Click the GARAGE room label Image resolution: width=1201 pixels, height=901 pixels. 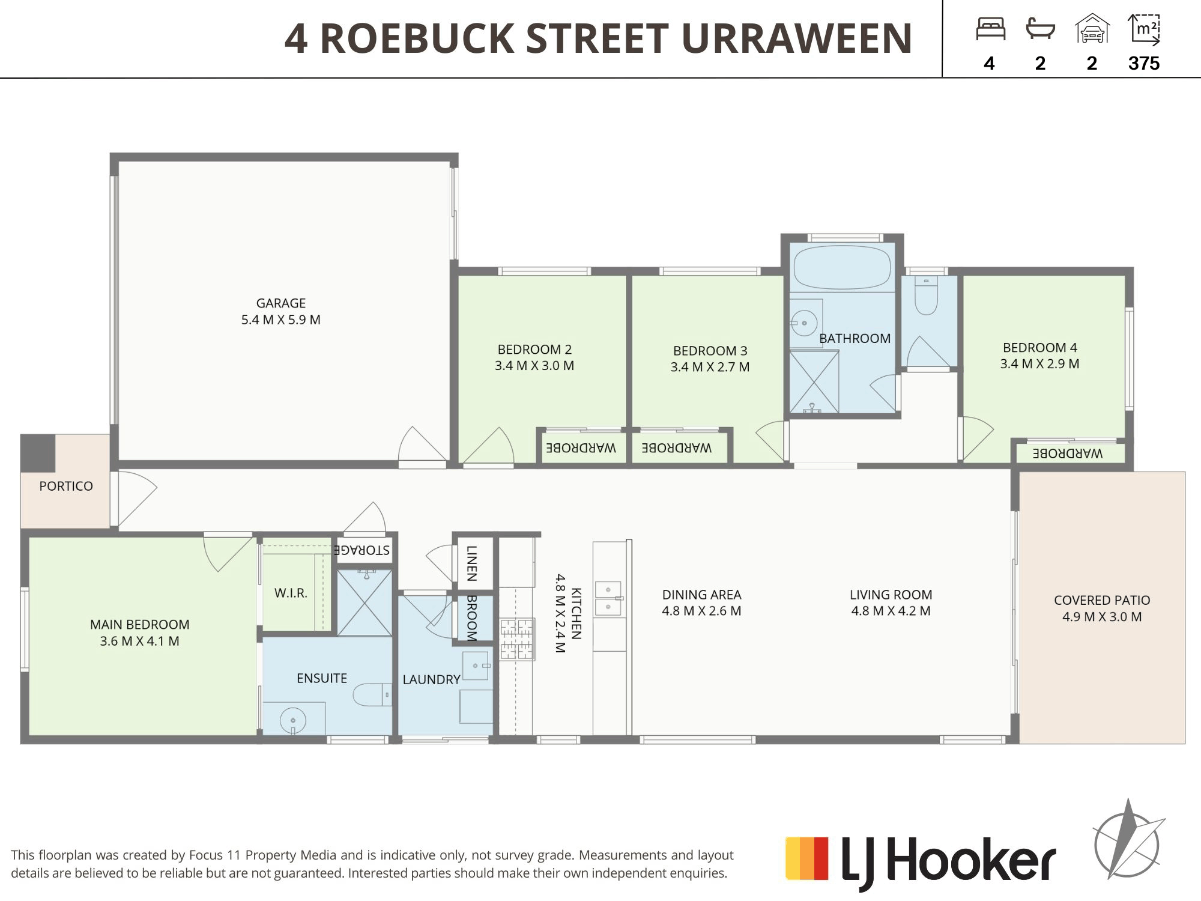tap(281, 303)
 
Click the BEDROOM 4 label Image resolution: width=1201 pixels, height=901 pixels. tap(1040, 347)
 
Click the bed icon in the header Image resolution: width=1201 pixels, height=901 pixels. tap(991, 29)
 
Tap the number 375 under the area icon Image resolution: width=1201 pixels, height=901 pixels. tap(1144, 63)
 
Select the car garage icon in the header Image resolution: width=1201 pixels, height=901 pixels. tap(1092, 29)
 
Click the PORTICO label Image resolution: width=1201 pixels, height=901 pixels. tap(66, 486)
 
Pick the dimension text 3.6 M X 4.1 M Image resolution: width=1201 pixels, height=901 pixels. tap(140, 641)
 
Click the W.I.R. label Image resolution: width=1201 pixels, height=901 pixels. tap(291, 593)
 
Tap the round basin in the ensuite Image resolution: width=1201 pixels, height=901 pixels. tap(292, 720)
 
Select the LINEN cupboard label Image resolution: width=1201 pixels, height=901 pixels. tap(472, 563)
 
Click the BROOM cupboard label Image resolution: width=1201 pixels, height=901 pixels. tap(472, 618)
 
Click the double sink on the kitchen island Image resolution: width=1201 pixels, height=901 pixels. tap(608, 599)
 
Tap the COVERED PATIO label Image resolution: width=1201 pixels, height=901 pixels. tap(1102, 600)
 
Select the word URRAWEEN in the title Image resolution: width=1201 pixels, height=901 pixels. tap(797, 38)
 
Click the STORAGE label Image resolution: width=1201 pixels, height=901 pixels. tap(362, 550)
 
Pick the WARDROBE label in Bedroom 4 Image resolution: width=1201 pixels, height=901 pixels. tap(1068, 454)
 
